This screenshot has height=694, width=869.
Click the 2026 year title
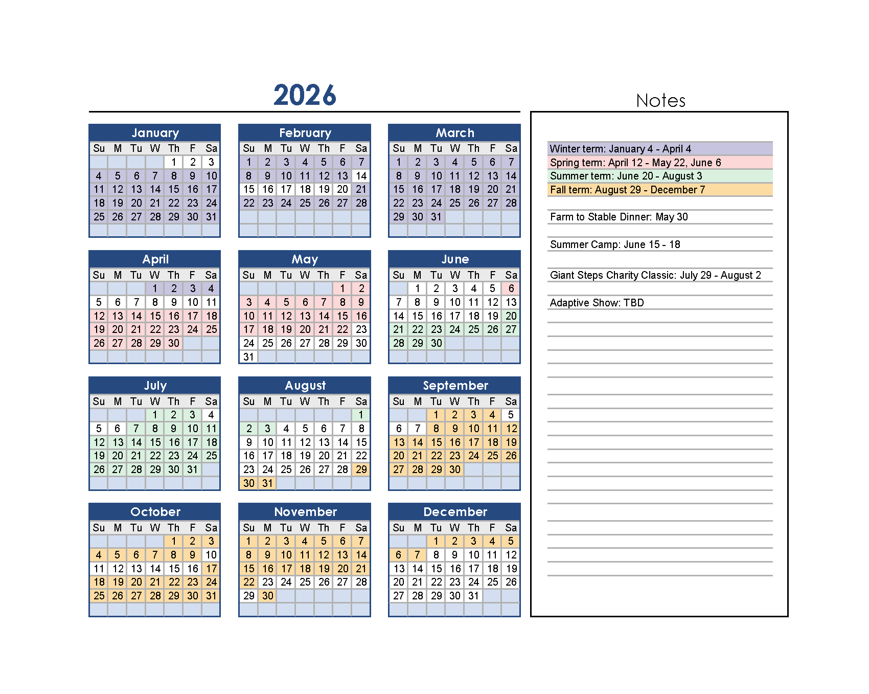[305, 95]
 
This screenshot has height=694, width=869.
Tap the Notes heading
[660, 101]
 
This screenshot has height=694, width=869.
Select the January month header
[155, 133]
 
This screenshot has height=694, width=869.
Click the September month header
[455, 386]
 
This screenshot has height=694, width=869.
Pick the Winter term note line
[620, 149]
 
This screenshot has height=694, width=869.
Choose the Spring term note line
[635, 163]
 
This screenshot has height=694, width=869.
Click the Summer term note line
[626, 176]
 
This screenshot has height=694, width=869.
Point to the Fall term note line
[627, 190]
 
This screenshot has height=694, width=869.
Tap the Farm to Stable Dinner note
[619, 217]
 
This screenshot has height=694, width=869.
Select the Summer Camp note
[615, 244]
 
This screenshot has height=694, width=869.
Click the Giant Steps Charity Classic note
[655, 275]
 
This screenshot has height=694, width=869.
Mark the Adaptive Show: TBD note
[597, 303]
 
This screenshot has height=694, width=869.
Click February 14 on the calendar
[361, 176]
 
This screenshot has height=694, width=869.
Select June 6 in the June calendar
[511, 288]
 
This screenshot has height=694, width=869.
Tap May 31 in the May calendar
[249, 357]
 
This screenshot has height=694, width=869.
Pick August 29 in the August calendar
[361, 469]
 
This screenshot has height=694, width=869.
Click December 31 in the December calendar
[474, 596]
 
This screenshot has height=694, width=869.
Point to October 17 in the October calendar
[212, 569]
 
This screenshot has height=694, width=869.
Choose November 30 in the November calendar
[268, 596]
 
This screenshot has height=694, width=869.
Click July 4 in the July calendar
[212, 415]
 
